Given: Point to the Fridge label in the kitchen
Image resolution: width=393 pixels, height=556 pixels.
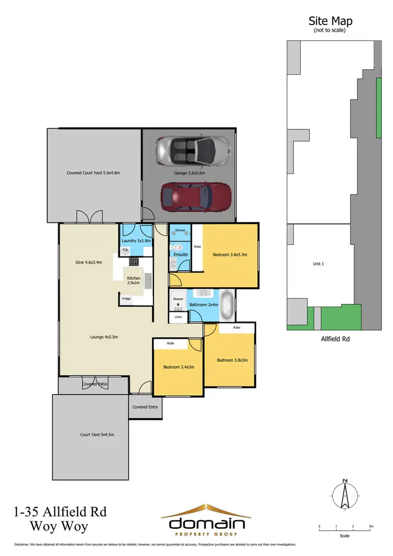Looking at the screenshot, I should click(126, 299).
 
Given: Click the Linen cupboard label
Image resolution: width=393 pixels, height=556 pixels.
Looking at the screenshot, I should click(178, 317).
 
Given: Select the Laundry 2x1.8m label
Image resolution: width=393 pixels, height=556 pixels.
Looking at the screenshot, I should click(136, 241).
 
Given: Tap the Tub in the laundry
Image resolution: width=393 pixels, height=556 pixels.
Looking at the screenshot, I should click(125, 250).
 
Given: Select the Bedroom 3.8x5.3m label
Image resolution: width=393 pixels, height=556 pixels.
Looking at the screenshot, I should click(230, 255).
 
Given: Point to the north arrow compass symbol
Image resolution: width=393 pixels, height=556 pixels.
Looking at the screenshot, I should click(344, 494).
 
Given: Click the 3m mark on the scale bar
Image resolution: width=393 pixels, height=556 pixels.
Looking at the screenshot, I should click(370, 526).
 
